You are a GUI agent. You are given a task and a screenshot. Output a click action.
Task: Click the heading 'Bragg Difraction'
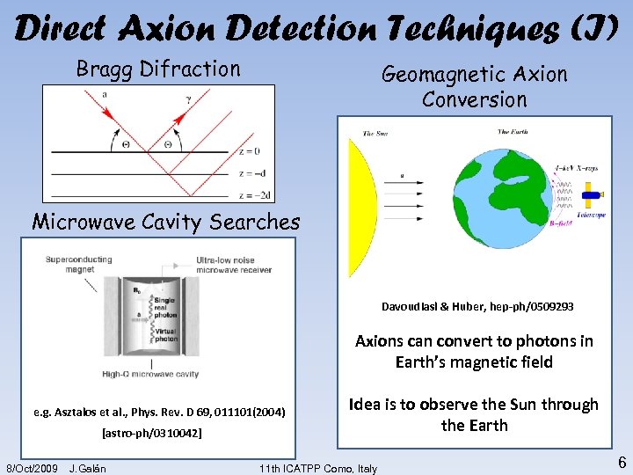pyautogui.click(x=158, y=69)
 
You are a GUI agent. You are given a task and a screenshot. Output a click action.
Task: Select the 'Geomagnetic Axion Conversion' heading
pyautogui.click(x=474, y=87)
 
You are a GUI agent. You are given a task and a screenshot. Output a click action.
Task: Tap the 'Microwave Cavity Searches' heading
pyautogui.click(x=166, y=222)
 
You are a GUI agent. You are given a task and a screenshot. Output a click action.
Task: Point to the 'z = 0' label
pyautogui.click(x=250, y=150)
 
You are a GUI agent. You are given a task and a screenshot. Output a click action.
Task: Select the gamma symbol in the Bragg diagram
pyautogui.click(x=188, y=99)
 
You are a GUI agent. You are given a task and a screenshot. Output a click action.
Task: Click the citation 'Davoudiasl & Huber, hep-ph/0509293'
pyautogui.click(x=477, y=307)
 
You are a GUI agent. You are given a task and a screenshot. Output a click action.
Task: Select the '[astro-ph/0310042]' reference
pyautogui.click(x=151, y=434)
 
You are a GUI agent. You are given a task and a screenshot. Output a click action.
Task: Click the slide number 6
pyautogui.click(x=621, y=463)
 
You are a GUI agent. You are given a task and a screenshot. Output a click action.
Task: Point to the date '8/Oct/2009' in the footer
pyautogui.click(x=32, y=467)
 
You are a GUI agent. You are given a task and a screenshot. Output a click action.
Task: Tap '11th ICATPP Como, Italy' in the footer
pyautogui.click(x=319, y=467)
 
